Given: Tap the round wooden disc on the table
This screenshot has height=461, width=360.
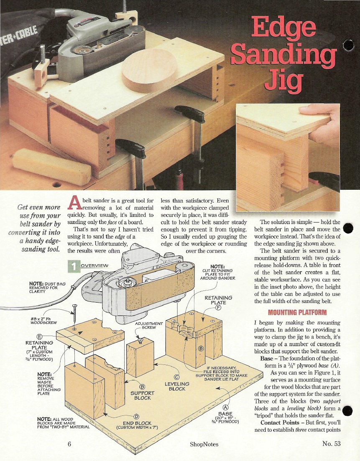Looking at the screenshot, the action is click(150, 71).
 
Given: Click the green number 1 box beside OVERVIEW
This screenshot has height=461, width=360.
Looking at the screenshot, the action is click(74, 266).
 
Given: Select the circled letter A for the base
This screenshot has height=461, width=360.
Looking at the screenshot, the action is click(226, 408).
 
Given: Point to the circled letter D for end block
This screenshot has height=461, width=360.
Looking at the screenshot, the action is click(136, 417).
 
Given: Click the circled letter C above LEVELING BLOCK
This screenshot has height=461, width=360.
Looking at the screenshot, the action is click(176, 377).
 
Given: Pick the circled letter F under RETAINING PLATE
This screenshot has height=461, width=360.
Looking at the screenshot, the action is click(218, 308).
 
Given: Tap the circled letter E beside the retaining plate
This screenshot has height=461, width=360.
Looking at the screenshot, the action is click(39, 337).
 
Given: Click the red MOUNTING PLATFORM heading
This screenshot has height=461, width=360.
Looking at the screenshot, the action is click(297, 312).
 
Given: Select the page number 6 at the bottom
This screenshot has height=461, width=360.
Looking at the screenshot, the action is click(69, 444).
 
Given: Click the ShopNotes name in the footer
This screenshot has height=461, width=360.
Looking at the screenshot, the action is click(204, 444).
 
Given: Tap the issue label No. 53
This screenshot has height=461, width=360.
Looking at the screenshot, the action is click(332, 443).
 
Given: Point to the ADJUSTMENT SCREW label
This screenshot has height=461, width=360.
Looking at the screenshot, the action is click(149, 326).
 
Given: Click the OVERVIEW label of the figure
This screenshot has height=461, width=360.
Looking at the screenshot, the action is click(94, 265).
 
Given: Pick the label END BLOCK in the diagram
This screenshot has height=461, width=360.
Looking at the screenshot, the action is click(137, 423).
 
